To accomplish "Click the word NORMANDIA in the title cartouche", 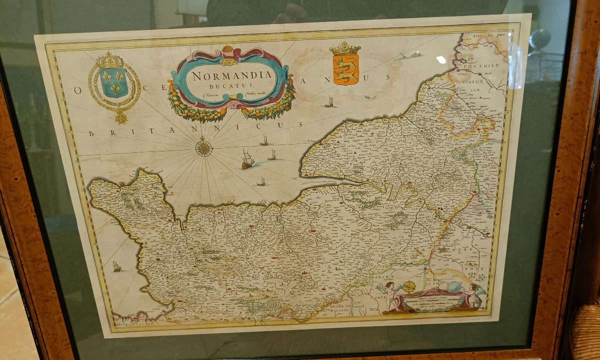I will click(232, 76).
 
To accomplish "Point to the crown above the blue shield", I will click(110, 60).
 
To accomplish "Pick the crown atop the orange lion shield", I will click(345, 48).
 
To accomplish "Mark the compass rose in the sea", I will click(204, 148).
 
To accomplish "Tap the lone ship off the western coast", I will click(117, 267).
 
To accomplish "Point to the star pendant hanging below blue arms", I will click(120, 118).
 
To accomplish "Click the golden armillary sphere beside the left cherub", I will click(409, 286).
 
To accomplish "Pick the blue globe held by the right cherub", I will click(454, 287).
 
